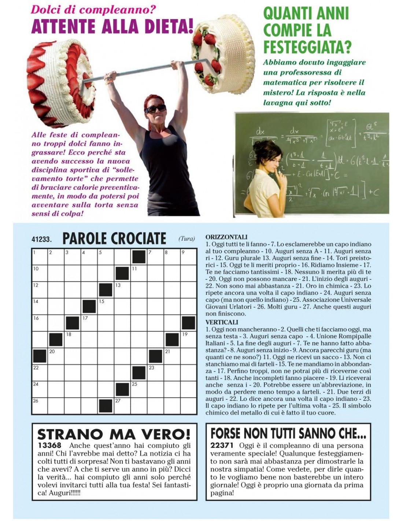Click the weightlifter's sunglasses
pyautogui.click(x=155, y=109)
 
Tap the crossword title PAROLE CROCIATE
pyautogui.click(x=114, y=239)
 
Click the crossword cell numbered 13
pyautogui.click(x=122, y=290)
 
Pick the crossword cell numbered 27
pyautogui.click(x=122, y=406)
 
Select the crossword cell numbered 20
pyautogui.click(x=56, y=356)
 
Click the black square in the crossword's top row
pyautogui.click(x=139, y=257)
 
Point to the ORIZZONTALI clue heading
pyautogui.click(x=226, y=237)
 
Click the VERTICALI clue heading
pyautogui.click(x=222, y=322)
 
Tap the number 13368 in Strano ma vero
pyautogui.click(x=49, y=446)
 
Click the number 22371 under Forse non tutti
pyautogui.click(x=222, y=446)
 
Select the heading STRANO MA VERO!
pyautogui.click(x=114, y=434)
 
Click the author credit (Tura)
pyautogui.click(x=186, y=239)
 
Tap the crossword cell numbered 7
pyautogui.click(x=155, y=257)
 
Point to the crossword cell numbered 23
pyautogui.click(x=155, y=373)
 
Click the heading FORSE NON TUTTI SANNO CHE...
pyautogui.click(x=288, y=433)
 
